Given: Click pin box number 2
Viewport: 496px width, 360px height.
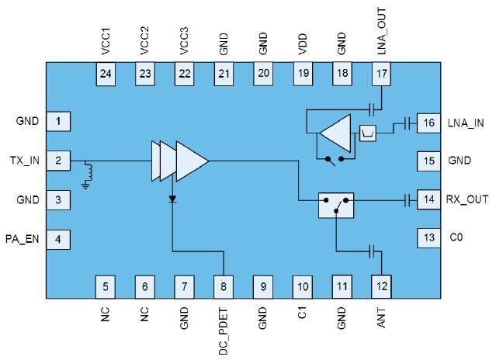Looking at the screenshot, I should click(x=58, y=161).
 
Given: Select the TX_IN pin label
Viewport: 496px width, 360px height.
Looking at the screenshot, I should click(x=23, y=161).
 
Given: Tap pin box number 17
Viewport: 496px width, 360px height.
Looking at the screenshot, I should click(x=381, y=74).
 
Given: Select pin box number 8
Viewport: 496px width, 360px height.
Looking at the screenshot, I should click(x=223, y=286).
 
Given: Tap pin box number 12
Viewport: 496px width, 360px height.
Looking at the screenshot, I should click(x=381, y=286).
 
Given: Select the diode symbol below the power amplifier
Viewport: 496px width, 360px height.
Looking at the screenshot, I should click(x=172, y=199).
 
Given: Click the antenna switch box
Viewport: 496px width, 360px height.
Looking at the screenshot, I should click(x=336, y=205).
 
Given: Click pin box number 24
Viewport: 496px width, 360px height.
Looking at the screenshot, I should click(x=104, y=74).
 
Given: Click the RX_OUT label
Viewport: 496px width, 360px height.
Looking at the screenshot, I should click(x=467, y=199).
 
